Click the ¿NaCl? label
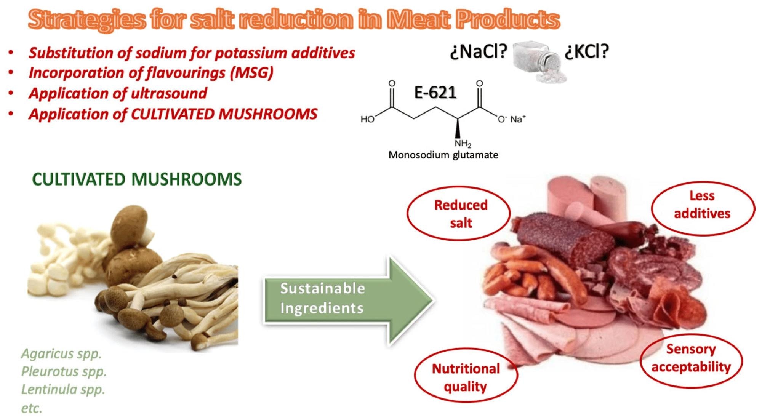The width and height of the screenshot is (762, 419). pyautogui.click(x=479, y=52)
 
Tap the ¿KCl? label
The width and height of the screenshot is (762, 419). pyautogui.click(x=587, y=51)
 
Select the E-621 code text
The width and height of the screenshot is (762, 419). pyautogui.click(x=435, y=93)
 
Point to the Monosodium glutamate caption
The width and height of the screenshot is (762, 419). pyautogui.click(x=443, y=155)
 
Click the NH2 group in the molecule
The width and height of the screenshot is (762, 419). pyautogui.click(x=463, y=144)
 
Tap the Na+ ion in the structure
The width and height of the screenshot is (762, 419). pyautogui.click(x=517, y=119)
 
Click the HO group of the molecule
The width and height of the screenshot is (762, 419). pyautogui.click(x=368, y=120)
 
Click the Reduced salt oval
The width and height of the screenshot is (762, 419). pyautogui.click(x=460, y=214)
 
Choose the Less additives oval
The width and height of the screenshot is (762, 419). pyautogui.click(x=702, y=205)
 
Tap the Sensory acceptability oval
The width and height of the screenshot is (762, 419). pyautogui.click(x=691, y=358)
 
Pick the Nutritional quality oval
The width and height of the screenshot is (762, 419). pyautogui.click(x=466, y=377)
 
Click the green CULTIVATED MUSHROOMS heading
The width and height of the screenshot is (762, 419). pyautogui.click(x=137, y=179)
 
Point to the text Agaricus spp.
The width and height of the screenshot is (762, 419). pyautogui.click(x=61, y=354)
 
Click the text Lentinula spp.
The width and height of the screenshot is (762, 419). pyautogui.click(x=63, y=390)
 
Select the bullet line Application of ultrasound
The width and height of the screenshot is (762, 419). pyautogui.click(x=118, y=93)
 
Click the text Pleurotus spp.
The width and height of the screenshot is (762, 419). pyautogui.click(x=64, y=372)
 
